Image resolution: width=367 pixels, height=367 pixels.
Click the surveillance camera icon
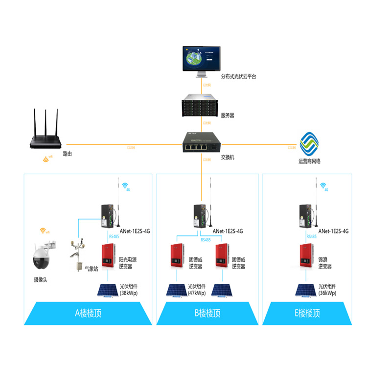click(x=42, y=257)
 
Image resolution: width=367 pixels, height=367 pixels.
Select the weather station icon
click(x=76, y=257)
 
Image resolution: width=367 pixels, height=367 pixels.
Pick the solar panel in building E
click(x=306, y=290)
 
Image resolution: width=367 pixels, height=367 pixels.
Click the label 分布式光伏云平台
click(x=239, y=76)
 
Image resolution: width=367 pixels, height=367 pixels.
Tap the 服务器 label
click(x=228, y=115)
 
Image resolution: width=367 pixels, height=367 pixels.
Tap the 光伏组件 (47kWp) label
click(x=197, y=290)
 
